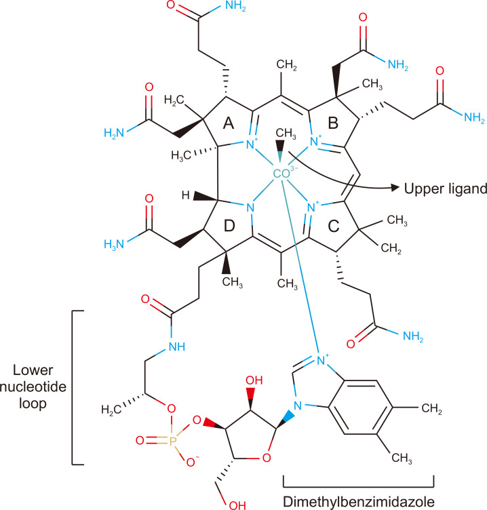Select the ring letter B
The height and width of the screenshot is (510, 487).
(x=333, y=123)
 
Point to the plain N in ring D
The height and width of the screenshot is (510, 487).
(x=250, y=208)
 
